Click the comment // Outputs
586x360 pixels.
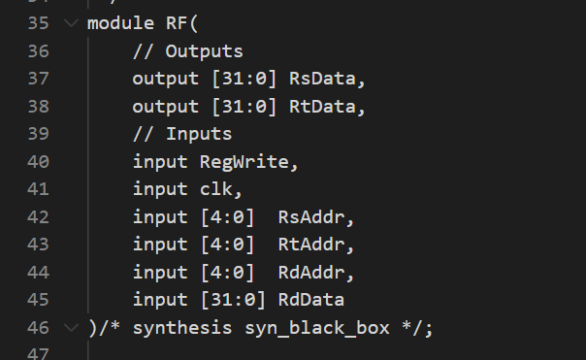[188, 50]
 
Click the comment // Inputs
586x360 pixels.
[182, 134]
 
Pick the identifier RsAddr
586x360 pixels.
[310, 217]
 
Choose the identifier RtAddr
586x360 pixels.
[310, 245]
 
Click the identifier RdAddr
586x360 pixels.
[310, 273]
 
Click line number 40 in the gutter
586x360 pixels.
[39, 162]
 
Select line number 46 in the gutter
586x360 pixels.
[39, 328]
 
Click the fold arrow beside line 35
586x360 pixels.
[70, 23]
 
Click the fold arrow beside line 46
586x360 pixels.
[70, 328]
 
